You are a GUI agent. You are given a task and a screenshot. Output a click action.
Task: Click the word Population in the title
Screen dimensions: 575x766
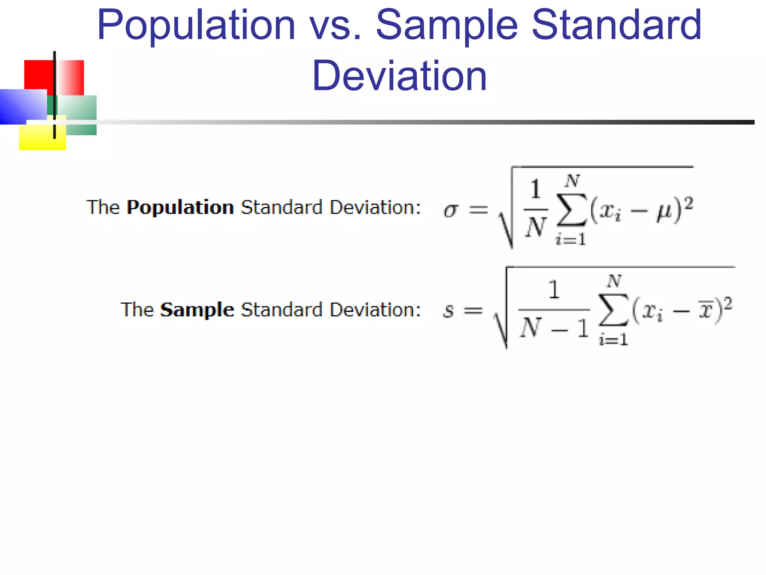196,25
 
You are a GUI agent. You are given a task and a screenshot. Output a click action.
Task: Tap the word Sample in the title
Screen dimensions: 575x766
447,25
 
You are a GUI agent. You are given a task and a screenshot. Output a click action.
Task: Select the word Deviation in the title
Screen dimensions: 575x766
399,76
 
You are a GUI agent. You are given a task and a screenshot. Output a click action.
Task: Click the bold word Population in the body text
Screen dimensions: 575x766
180,207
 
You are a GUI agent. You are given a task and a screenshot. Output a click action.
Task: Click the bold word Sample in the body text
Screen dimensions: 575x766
197,310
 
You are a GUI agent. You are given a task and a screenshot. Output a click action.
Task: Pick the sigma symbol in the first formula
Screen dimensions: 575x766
451,210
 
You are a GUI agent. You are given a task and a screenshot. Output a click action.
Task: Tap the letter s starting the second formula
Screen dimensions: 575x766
448,311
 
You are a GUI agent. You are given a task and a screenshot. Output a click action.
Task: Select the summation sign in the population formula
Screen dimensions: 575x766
572,210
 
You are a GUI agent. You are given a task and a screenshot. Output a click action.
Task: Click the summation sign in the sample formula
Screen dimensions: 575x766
614,310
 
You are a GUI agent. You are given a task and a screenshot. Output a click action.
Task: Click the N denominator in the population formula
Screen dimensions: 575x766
536,227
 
